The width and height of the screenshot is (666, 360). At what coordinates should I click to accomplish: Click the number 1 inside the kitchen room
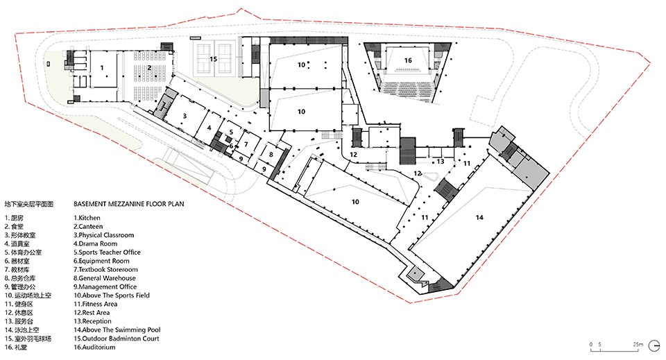(102, 68)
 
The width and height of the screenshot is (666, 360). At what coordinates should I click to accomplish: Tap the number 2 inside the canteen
(150, 67)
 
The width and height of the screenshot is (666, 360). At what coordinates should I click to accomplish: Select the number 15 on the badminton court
(213, 59)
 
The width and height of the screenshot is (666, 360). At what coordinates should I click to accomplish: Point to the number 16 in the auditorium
(408, 60)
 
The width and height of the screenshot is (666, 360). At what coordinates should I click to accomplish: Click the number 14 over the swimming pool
(479, 217)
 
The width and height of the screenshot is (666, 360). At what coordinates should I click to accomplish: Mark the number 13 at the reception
(441, 162)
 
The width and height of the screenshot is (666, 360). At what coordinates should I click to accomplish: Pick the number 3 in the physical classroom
(185, 116)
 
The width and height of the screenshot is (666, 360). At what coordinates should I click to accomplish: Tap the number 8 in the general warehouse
(271, 155)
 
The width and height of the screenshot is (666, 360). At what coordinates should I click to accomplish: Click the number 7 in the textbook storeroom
(246, 145)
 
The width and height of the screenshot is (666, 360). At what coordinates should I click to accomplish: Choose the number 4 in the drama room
(210, 128)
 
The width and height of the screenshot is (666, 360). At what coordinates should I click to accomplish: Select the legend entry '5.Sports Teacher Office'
(107, 252)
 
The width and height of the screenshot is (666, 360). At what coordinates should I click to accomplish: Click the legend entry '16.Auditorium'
(94, 347)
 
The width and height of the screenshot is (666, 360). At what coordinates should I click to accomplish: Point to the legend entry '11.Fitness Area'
(96, 304)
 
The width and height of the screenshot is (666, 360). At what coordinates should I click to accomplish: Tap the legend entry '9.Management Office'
(105, 286)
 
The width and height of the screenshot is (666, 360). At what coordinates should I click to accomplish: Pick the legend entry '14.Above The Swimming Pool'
(117, 330)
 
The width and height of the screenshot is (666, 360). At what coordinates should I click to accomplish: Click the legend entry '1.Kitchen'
(87, 218)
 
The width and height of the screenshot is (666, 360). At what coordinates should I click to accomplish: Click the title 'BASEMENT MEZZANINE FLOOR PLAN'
(129, 204)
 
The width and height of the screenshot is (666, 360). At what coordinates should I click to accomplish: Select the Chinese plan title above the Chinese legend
(29, 204)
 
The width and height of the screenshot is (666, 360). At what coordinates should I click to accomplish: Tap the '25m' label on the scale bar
(638, 344)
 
